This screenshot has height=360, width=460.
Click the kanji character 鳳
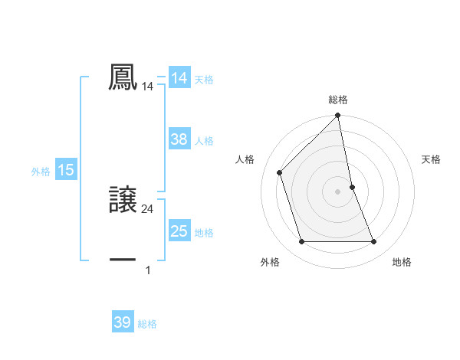(x=123, y=77)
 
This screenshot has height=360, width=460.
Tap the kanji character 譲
(x=123, y=198)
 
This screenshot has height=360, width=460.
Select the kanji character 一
(x=123, y=260)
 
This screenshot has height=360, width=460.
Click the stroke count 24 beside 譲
(x=148, y=208)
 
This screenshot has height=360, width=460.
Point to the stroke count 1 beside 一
(x=148, y=270)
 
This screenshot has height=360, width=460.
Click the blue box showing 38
(x=179, y=139)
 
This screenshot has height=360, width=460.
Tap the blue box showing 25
(x=179, y=231)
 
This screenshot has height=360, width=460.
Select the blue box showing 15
(x=66, y=170)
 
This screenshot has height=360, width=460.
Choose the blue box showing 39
(x=123, y=322)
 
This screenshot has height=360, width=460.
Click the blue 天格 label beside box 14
(x=204, y=79)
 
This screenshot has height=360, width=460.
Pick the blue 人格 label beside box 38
(x=204, y=141)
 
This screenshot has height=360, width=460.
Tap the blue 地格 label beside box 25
(x=204, y=233)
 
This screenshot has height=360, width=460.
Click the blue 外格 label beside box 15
(x=41, y=172)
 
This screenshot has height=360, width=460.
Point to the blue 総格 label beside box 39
(x=147, y=324)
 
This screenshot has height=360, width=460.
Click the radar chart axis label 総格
(x=338, y=100)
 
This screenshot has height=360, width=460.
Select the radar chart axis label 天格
(x=431, y=159)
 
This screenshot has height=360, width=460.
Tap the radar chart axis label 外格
(x=270, y=263)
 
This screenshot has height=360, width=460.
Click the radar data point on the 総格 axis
(x=338, y=116)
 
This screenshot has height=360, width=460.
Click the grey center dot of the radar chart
(x=338, y=191)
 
